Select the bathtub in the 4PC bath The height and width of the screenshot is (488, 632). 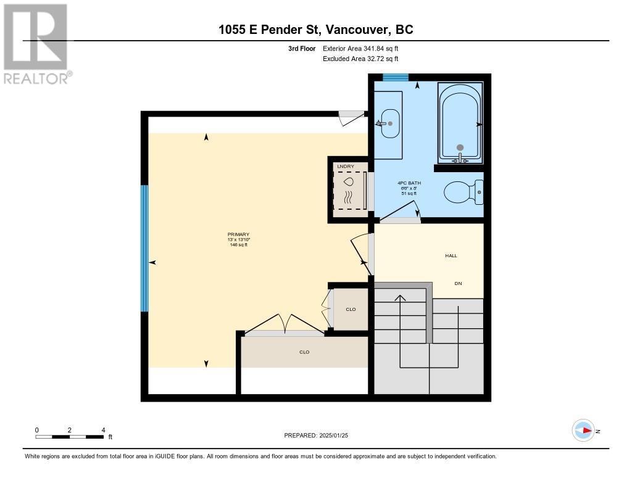460,123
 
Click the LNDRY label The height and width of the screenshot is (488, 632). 342,167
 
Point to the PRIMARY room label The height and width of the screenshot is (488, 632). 238,234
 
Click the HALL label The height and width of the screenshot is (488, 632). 451,255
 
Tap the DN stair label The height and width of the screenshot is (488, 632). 458,283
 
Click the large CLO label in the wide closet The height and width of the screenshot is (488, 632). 304,352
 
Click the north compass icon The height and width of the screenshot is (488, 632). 583,431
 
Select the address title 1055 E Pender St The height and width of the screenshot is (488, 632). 315,29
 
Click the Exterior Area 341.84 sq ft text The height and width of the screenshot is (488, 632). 365,48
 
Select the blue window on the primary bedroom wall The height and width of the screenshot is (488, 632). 144,248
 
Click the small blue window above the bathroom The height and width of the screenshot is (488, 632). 395,77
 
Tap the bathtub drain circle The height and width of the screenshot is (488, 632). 460,147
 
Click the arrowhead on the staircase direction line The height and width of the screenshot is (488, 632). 401,299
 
